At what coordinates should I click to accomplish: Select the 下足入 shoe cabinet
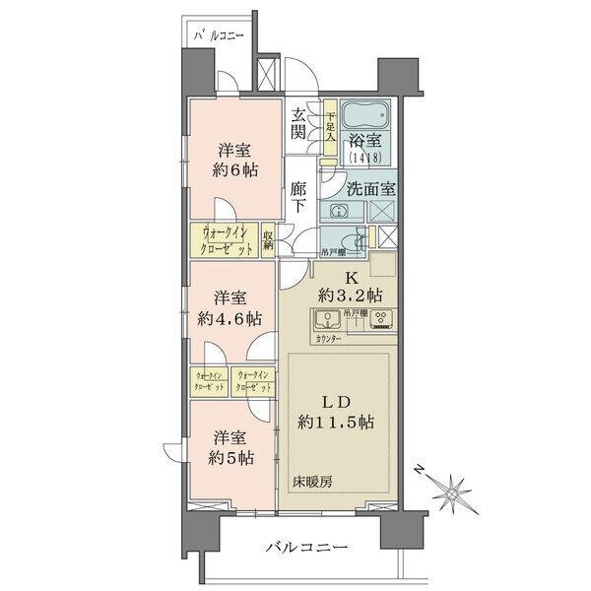click(331, 127)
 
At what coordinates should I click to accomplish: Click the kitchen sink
click(326, 319)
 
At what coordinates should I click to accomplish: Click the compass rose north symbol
click(455, 490)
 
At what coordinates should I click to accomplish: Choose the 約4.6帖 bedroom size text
click(228, 319)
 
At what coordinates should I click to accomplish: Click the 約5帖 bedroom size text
click(230, 458)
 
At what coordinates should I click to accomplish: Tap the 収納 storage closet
click(268, 240)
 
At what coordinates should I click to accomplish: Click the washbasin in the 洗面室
click(338, 211)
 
